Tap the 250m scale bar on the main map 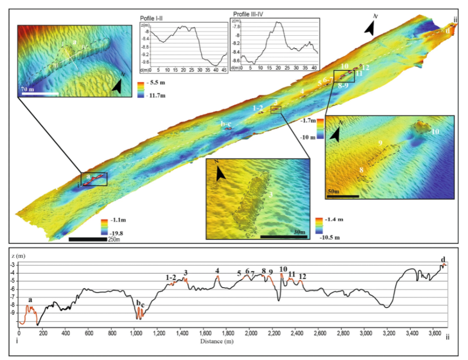click(x=88, y=239)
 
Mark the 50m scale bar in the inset click(x=343, y=196)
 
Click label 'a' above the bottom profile click(x=30, y=300)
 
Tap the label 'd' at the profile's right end click(x=443, y=259)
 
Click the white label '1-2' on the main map click(x=257, y=108)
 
